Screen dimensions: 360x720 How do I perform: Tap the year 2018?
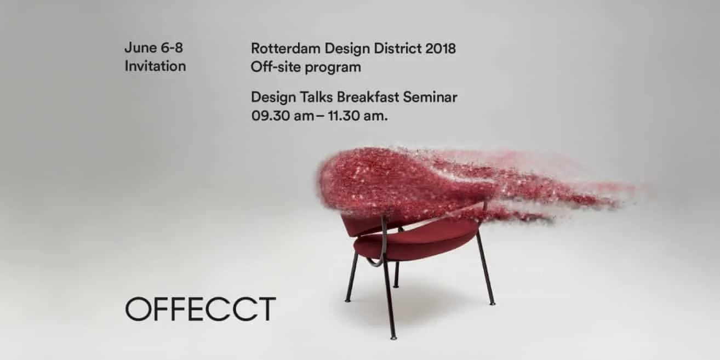(x=440, y=48)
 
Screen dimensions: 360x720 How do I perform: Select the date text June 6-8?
(x=154, y=48)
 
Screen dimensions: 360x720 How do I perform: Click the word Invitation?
(x=155, y=66)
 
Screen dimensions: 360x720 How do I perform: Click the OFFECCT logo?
(x=200, y=309)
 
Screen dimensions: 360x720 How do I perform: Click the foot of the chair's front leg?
(x=393, y=335)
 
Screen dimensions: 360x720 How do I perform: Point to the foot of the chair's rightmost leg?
(x=492, y=302)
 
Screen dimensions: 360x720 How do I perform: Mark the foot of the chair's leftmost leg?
(x=347, y=300)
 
